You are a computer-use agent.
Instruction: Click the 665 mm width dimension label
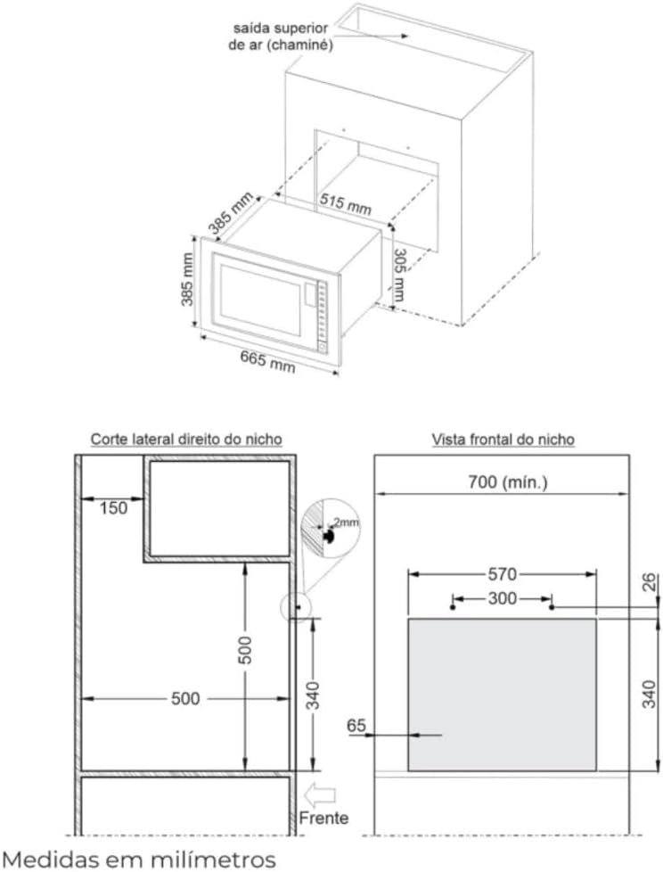click(x=266, y=360)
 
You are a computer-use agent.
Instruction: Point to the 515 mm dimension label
click(x=345, y=203)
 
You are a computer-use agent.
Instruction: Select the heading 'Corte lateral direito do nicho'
click(x=186, y=439)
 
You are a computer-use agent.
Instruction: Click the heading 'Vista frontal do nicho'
click(x=503, y=439)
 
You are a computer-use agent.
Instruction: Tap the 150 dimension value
click(x=113, y=508)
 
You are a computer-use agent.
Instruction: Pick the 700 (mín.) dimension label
click(x=508, y=482)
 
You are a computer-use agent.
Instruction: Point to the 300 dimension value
click(x=502, y=598)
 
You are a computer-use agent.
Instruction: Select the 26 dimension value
click(x=650, y=583)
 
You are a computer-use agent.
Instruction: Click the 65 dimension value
click(x=356, y=727)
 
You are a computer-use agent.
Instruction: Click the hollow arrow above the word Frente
click(x=319, y=792)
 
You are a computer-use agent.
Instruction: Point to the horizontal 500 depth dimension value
click(x=185, y=699)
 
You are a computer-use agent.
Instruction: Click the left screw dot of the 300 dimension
click(x=454, y=607)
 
